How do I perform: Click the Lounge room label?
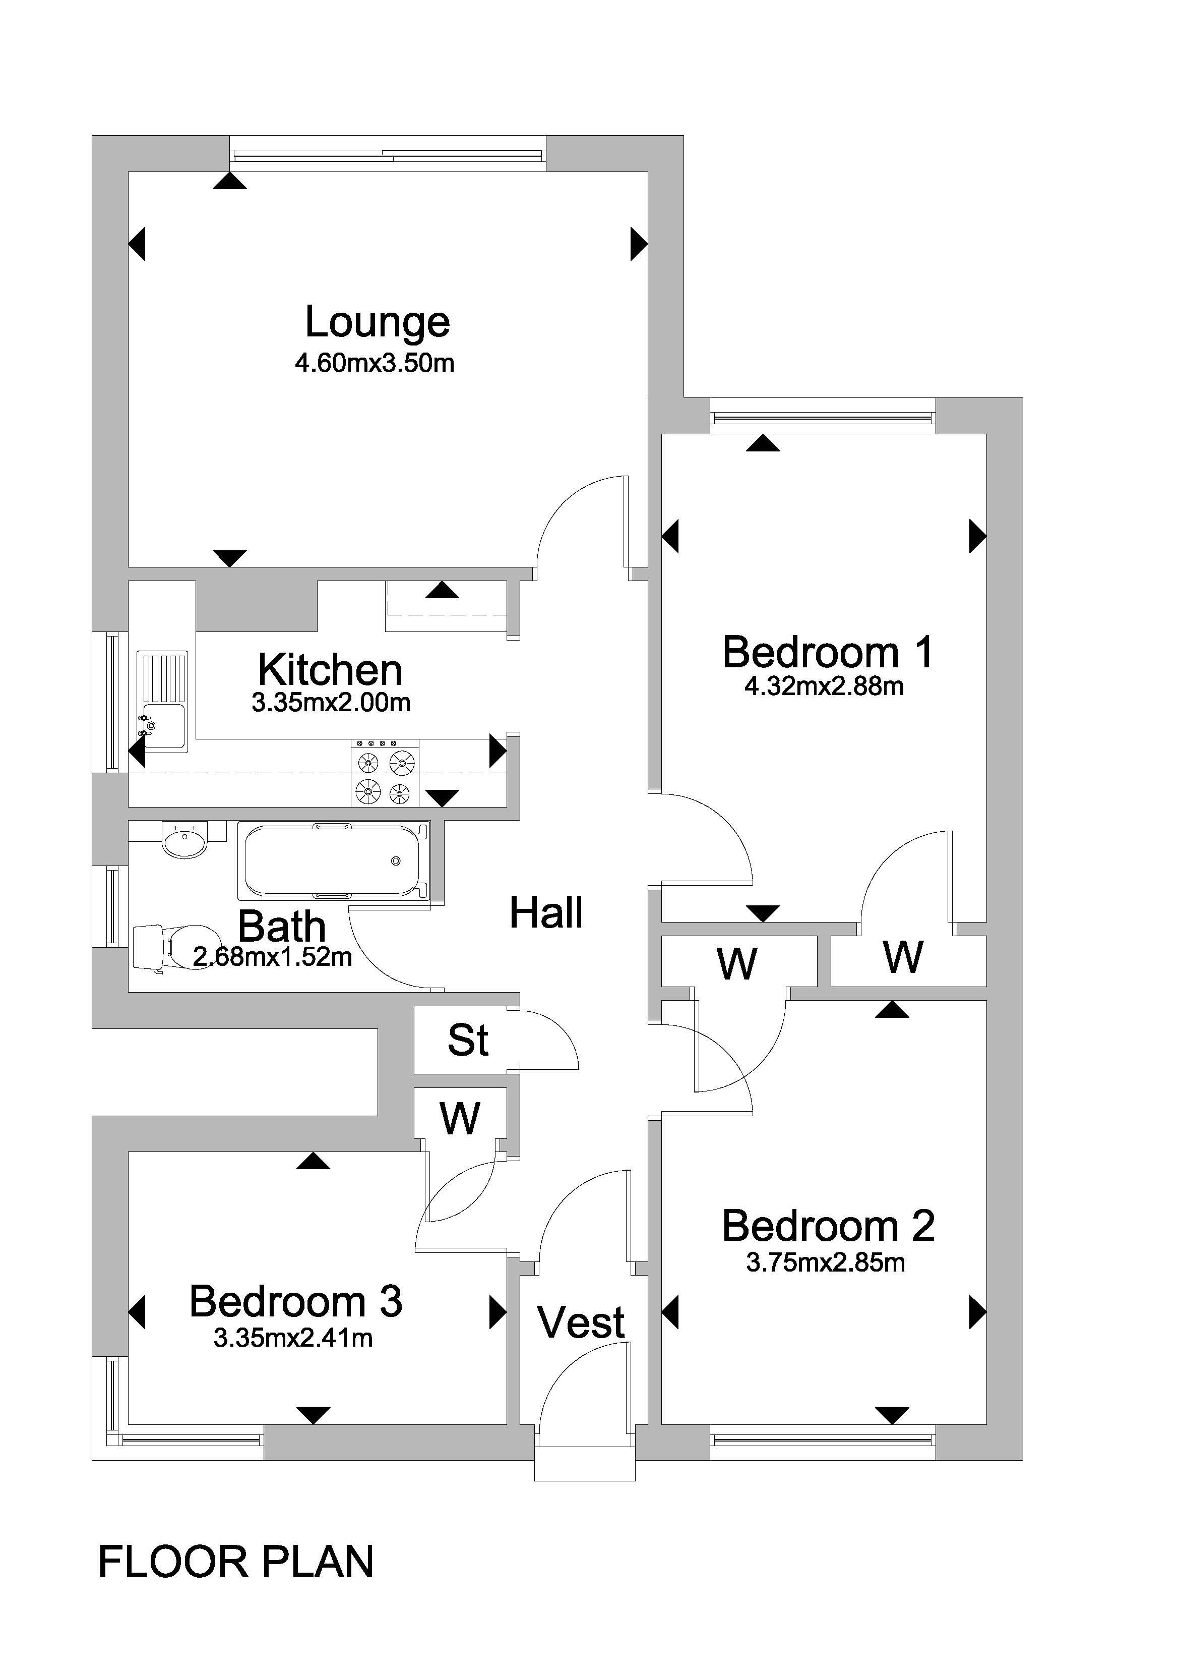[377, 323]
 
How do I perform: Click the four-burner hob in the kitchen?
[385, 773]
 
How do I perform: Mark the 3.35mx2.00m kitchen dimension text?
[331, 703]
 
